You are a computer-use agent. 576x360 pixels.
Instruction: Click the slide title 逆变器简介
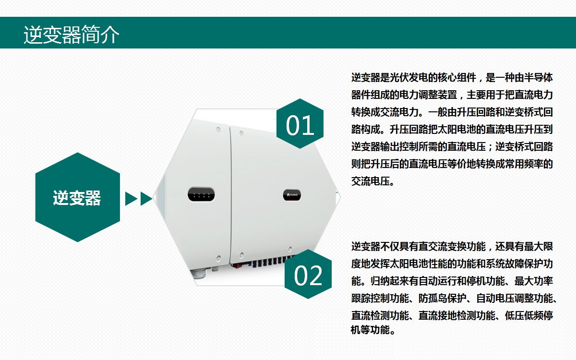click(72, 35)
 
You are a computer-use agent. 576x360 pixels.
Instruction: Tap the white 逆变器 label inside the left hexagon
click(77, 198)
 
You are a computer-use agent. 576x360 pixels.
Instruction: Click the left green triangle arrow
click(131, 199)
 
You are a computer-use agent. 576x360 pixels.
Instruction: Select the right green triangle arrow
click(146, 199)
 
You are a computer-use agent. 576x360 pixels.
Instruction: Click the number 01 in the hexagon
click(300, 125)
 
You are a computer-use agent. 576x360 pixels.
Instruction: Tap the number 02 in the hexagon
click(308, 276)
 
